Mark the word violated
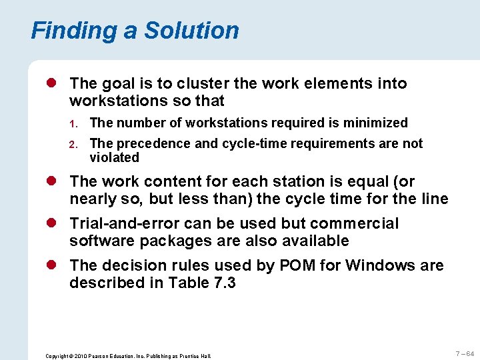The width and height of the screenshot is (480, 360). tap(114, 158)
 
